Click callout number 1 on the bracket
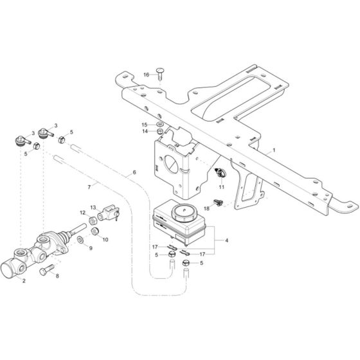tap(274, 149)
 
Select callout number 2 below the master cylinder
tap(24, 281)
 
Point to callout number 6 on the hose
tap(134, 172)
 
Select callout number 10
tap(105, 239)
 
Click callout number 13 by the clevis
tap(93, 208)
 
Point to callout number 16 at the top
tap(146, 75)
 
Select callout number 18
tap(207, 208)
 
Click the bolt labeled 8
tap(44, 272)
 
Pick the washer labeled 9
tap(80, 240)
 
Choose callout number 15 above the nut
tap(145, 124)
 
